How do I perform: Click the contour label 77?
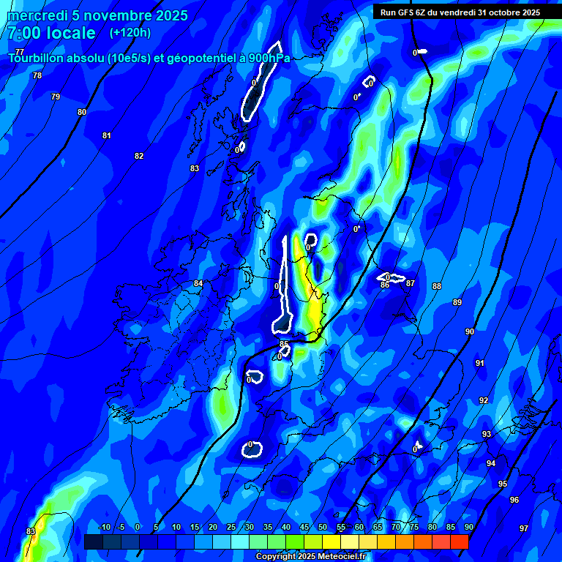pyautogui.click(x=20, y=52)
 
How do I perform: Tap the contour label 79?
pyautogui.click(x=56, y=97)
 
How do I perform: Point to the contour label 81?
pyautogui.click(x=107, y=135)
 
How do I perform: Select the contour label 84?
pyautogui.click(x=198, y=283)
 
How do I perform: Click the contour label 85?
pyautogui.click(x=285, y=344)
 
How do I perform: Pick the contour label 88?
pyautogui.click(x=437, y=286)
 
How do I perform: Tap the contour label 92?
pyautogui.click(x=484, y=400)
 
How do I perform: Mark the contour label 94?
pyautogui.click(x=491, y=463)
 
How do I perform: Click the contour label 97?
pyautogui.click(x=524, y=528)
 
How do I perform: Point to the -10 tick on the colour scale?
pyautogui.click(x=104, y=527)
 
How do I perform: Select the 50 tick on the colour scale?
pyautogui.click(x=323, y=527)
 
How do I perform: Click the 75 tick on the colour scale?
pyautogui.click(x=414, y=527)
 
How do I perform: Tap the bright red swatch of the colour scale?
pyautogui.click(x=460, y=542)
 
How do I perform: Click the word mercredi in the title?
pyautogui.click(x=37, y=15)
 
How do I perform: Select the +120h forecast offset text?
pyautogui.click(x=130, y=33)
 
